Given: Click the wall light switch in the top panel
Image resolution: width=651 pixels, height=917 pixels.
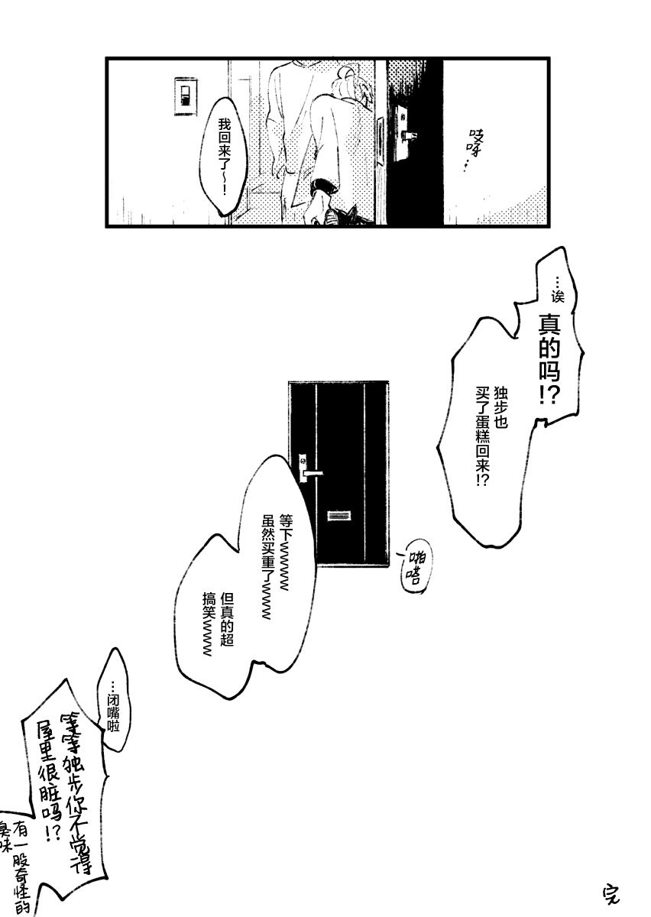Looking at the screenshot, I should coord(185,96).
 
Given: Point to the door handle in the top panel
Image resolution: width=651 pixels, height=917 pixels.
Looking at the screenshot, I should coord(408,135).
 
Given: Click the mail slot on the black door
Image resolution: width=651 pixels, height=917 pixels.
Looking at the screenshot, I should coord(336,516).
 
